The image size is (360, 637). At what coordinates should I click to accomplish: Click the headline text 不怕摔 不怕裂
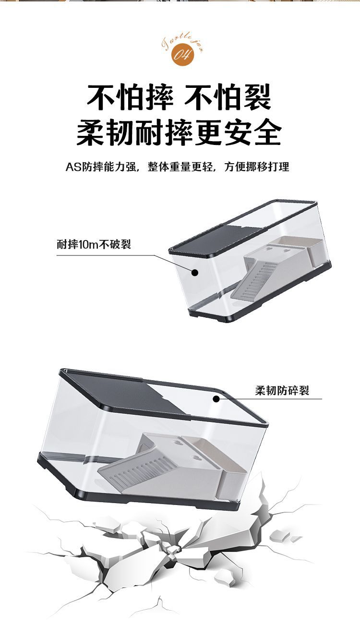[179, 97]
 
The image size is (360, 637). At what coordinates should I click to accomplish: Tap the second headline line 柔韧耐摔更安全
[179, 132]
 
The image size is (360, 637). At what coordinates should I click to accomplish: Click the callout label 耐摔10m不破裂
[94, 245]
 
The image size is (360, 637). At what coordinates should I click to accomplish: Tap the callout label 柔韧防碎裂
[282, 390]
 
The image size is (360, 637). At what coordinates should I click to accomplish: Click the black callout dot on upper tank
[195, 273]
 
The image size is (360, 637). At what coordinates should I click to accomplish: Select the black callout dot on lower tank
[216, 398]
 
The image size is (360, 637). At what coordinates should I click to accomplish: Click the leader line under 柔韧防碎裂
[288, 398]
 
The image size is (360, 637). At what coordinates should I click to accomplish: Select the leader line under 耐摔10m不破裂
[110, 255]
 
